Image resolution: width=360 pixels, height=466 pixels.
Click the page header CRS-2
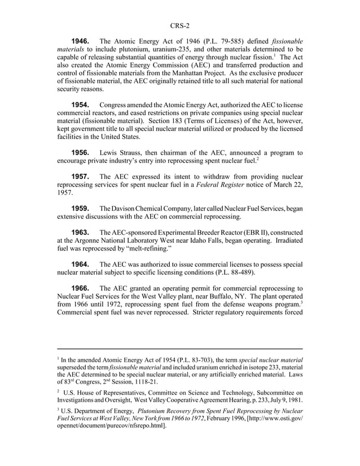tap(179, 25)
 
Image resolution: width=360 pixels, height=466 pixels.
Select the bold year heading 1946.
tap(80, 41)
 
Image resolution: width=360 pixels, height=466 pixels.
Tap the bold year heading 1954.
tap(80, 104)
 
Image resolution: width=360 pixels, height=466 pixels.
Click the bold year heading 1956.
tap(80, 152)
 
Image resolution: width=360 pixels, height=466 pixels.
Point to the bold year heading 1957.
tap(80, 177)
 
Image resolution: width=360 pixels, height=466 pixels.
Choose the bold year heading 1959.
tap(80, 209)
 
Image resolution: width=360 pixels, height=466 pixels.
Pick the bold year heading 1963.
tap(80, 232)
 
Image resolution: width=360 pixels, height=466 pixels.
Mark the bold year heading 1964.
tap(80, 265)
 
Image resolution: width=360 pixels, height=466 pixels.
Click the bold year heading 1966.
tap(80, 288)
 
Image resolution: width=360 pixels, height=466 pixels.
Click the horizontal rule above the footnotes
tap(179, 349)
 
